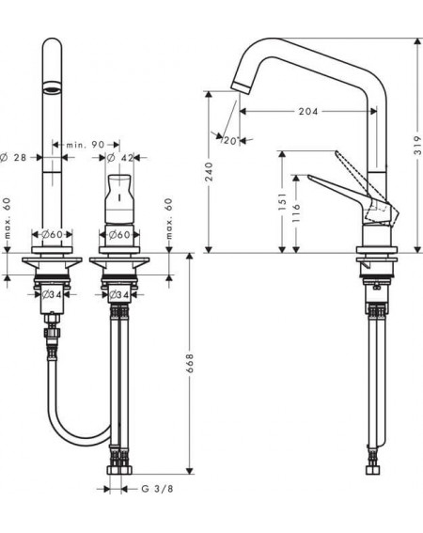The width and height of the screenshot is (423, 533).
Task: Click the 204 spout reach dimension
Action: pyautogui.click(x=308, y=111)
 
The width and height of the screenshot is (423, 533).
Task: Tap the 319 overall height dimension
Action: pyautogui.click(x=417, y=146)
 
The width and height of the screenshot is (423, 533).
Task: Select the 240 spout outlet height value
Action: pyautogui.click(x=209, y=171)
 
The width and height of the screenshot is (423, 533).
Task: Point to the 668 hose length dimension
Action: pyautogui.click(x=190, y=363)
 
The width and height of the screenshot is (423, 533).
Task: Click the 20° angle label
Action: pyautogui.click(x=231, y=140)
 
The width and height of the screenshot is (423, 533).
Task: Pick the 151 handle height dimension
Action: pyautogui.click(x=282, y=201)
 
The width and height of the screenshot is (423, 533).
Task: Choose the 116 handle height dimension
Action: pyautogui.click(x=296, y=213)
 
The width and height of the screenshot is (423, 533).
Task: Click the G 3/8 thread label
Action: pyautogui.click(x=157, y=489)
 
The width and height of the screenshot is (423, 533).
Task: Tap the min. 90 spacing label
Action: pyautogui.click(x=86, y=145)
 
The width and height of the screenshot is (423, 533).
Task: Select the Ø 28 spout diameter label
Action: pyautogui.click(x=13, y=157)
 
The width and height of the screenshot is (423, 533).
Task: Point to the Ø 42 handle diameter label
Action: pyautogui.click(x=119, y=158)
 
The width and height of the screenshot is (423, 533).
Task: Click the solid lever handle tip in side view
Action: pyautogui.click(x=309, y=177)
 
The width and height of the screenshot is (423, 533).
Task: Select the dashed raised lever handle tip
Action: pyautogui.click(x=337, y=152)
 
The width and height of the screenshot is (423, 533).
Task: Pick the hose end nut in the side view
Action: pyautogui.click(x=373, y=470)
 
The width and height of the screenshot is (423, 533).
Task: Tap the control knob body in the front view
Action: pyautogui.click(x=119, y=199)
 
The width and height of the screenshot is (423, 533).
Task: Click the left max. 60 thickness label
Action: pyautogui.click(x=8, y=217)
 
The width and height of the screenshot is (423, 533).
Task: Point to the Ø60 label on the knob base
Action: pyautogui.click(x=119, y=235)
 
